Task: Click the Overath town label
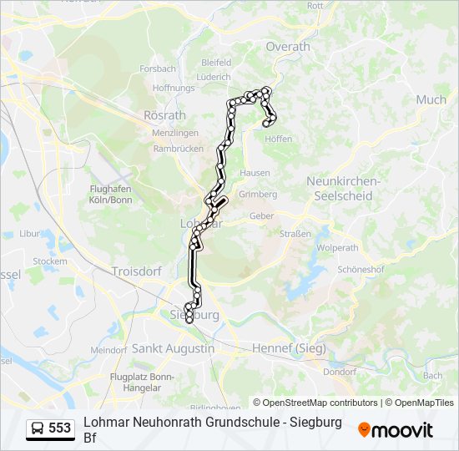tap(288, 47)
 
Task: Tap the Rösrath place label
tap(164, 114)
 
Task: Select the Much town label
tap(431, 99)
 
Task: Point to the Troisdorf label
tap(136, 271)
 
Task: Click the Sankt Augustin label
tap(173, 348)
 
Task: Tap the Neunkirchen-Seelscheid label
tap(343, 188)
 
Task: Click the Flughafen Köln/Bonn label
tap(111, 194)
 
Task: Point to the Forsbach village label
tap(158, 68)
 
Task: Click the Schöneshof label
tap(360, 270)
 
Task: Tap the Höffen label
tap(279, 139)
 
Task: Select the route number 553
tap(60, 428)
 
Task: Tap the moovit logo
tap(396, 430)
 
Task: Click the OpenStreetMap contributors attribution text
tap(320, 403)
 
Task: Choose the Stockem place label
tap(49, 261)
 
